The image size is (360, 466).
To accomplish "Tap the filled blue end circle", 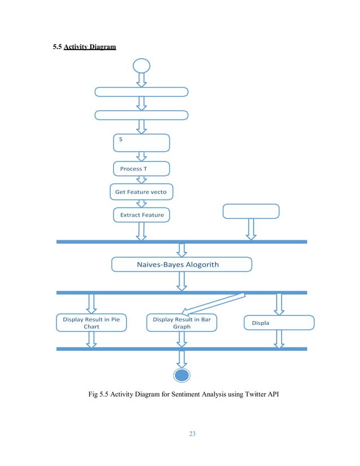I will pos(182,376).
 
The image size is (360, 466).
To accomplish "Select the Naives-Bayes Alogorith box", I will pos(181,265).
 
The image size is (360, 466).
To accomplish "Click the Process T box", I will pos(141,169).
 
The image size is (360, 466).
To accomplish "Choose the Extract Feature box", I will pos(141,215).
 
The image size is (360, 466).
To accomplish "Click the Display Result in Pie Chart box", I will pos(91,323).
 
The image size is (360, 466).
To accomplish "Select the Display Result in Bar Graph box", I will pos(182,323).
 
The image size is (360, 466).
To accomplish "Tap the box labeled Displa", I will pos(278,323).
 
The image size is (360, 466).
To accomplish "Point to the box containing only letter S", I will pos(141,143).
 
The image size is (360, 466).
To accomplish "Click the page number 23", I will pos(192,434).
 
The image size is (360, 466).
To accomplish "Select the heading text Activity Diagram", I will pos(90,47).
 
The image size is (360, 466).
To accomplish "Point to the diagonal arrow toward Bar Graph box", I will pos(214,302).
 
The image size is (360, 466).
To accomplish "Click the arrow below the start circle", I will pos(142,80).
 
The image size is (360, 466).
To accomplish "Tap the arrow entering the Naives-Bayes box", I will pos(182,250).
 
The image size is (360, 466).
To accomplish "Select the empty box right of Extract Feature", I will pos(251,211).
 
